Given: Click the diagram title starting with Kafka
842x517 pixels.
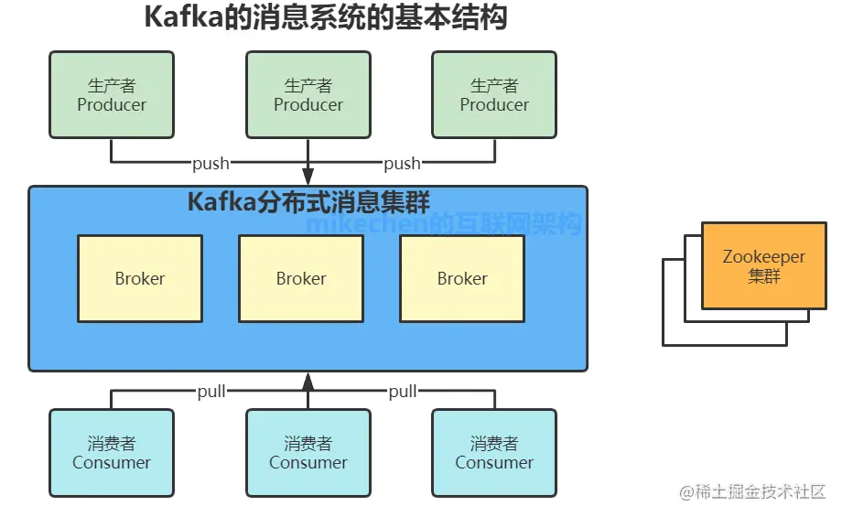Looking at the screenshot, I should (325, 18).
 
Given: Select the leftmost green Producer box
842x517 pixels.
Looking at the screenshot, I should (112, 95).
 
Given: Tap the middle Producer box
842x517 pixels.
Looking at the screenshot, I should (308, 95).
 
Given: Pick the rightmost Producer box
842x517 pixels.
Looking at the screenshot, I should (494, 95).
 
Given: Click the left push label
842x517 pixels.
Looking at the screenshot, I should (210, 164).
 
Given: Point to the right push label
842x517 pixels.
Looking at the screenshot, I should (402, 164).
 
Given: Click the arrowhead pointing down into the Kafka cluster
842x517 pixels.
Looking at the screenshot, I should (308, 176).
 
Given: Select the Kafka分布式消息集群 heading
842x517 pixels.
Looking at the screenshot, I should (308, 202).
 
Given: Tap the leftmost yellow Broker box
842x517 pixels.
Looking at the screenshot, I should (140, 279).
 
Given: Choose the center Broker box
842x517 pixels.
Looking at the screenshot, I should (301, 279).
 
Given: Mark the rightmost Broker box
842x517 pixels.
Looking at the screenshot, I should (462, 279).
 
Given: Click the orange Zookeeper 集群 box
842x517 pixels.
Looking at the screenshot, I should (763, 266).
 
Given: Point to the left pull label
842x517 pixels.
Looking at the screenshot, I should (210, 392).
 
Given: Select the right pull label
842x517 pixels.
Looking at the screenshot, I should (402, 392).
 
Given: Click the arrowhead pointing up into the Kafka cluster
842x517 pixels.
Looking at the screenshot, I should (308, 382).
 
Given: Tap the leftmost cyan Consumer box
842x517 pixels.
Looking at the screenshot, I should (112, 453).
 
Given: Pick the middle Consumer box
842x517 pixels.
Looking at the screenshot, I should (308, 453).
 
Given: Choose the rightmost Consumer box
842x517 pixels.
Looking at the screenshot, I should (494, 453).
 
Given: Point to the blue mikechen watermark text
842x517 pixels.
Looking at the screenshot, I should (443, 223).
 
